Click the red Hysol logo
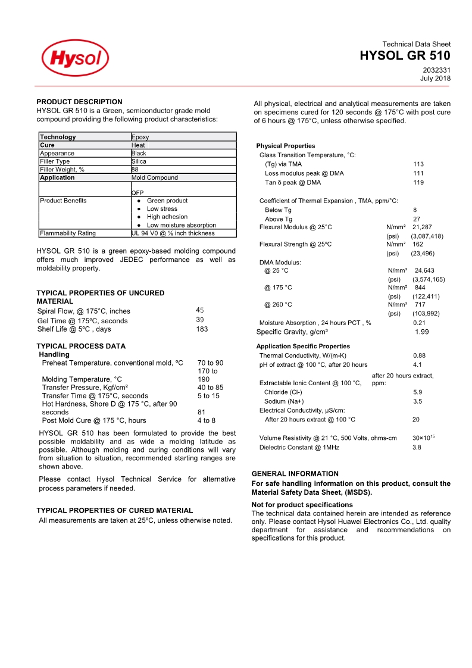[x=75, y=58]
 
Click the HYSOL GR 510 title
[x=405, y=56]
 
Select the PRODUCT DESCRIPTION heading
[x=79, y=102]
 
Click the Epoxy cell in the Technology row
[x=140, y=137]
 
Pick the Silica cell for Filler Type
[x=139, y=161]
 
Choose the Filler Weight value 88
[x=135, y=169]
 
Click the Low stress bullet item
[x=162, y=209]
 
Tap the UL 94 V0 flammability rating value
[x=173, y=233]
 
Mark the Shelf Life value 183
[x=202, y=329]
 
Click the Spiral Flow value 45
[x=199, y=310]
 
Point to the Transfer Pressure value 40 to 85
[x=210, y=388]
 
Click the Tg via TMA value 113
[x=418, y=164]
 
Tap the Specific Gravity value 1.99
[x=421, y=332]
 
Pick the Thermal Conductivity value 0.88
[x=419, y=355]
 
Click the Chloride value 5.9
[x=417, y=392]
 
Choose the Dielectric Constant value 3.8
[x=417, y=447]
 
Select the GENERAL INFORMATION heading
[x=295, y=474]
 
